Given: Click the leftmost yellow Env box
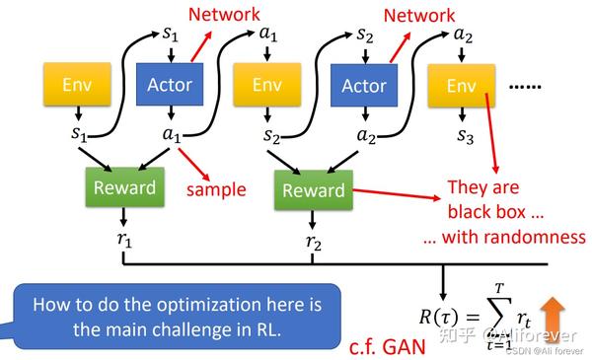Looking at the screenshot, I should tap(76, 86).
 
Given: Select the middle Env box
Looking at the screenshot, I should tap(266, 86).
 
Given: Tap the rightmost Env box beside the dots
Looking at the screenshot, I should tap(461, 86).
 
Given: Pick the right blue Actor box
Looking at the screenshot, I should tap(363, 86).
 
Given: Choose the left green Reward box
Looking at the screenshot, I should tap(124, 187).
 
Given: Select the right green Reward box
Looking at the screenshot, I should tap(313, 190).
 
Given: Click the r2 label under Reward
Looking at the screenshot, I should tap(313, 240).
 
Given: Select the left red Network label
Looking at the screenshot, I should tap(224, 15).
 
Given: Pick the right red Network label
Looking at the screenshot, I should tap(419, 15).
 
